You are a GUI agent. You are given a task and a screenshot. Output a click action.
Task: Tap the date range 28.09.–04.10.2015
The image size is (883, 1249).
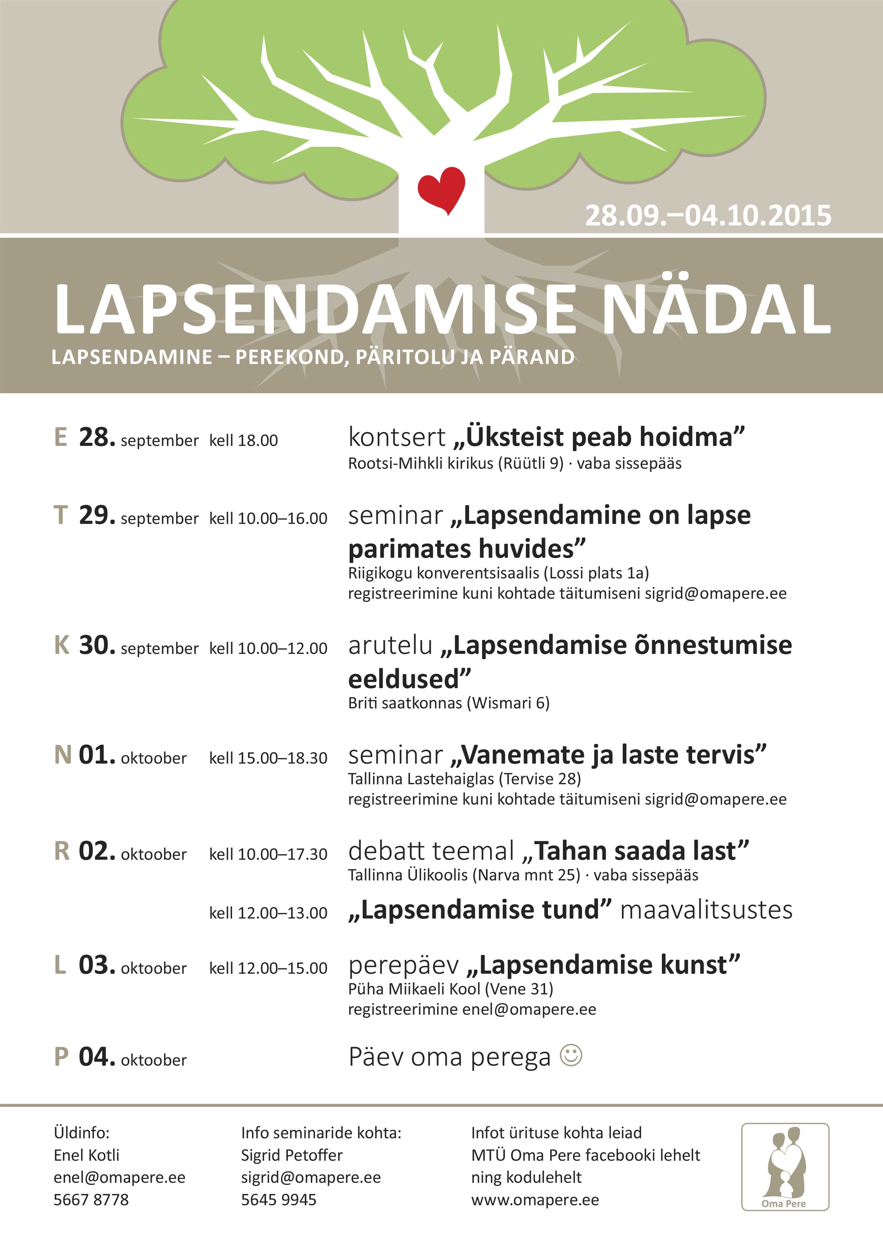coord(708,216)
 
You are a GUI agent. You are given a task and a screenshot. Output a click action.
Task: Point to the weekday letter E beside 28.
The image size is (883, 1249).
coord(61,437)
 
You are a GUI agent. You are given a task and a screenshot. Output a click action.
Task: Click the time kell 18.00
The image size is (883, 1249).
coord(244,441)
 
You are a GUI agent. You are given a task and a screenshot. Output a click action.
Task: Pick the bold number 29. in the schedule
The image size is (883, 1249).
coord(97,515)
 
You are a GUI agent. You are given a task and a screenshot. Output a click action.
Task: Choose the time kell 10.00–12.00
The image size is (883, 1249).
coord(268,649)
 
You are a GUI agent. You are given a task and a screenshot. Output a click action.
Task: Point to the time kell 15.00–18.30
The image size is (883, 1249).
coord(268,758)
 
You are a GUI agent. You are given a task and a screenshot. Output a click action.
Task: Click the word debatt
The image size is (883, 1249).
coord(386,851)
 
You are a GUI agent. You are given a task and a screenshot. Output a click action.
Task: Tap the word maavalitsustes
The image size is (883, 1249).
coord(706,910)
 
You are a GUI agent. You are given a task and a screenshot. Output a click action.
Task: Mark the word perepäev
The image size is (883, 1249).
coord(403,965)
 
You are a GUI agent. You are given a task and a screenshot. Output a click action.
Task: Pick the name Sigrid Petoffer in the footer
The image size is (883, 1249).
coord(292,1155)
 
